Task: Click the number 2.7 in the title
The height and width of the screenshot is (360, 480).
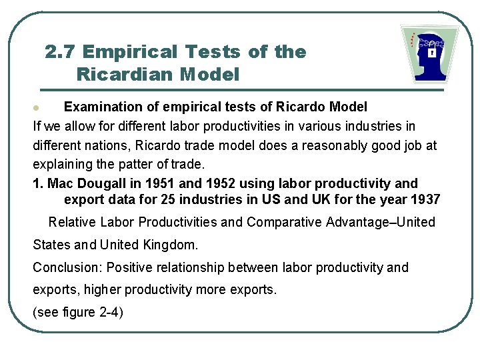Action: click(x=61, y=52)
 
